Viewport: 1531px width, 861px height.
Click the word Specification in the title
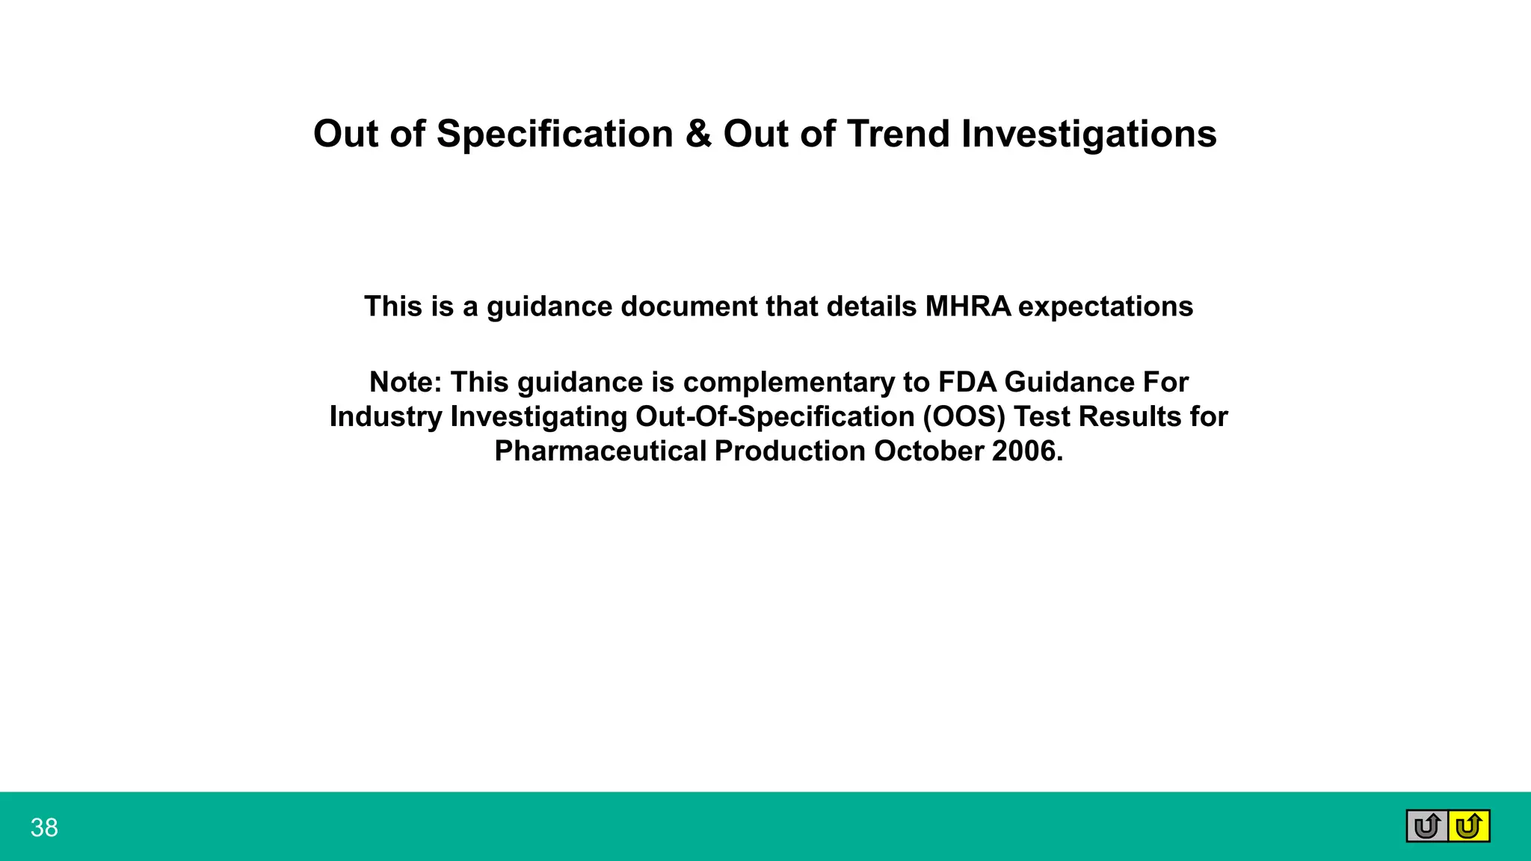(x=555, y=135)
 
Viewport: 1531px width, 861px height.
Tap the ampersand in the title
(x=698, y=135)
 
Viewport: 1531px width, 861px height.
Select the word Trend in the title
(x=898, y=135)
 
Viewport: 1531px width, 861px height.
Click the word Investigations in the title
(x=1088, y=135)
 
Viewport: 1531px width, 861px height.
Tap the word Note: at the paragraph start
(x=406, y=382)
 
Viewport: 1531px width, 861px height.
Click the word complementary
(x=789, y=382)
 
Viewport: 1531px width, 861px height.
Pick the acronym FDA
(x=967, y=382)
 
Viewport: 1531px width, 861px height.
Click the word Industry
(x=386, y=416)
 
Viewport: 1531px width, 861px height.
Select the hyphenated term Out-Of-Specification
(x=774, y=416)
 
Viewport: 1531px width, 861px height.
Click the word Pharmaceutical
(x=600, y=451)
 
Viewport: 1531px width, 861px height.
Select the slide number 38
(x=44, y=828)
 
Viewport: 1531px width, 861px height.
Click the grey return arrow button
(x=1427, y=827)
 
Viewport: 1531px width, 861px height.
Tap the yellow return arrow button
(x=1469, y=827)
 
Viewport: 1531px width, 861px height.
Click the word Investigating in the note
(x=538, y=416)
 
